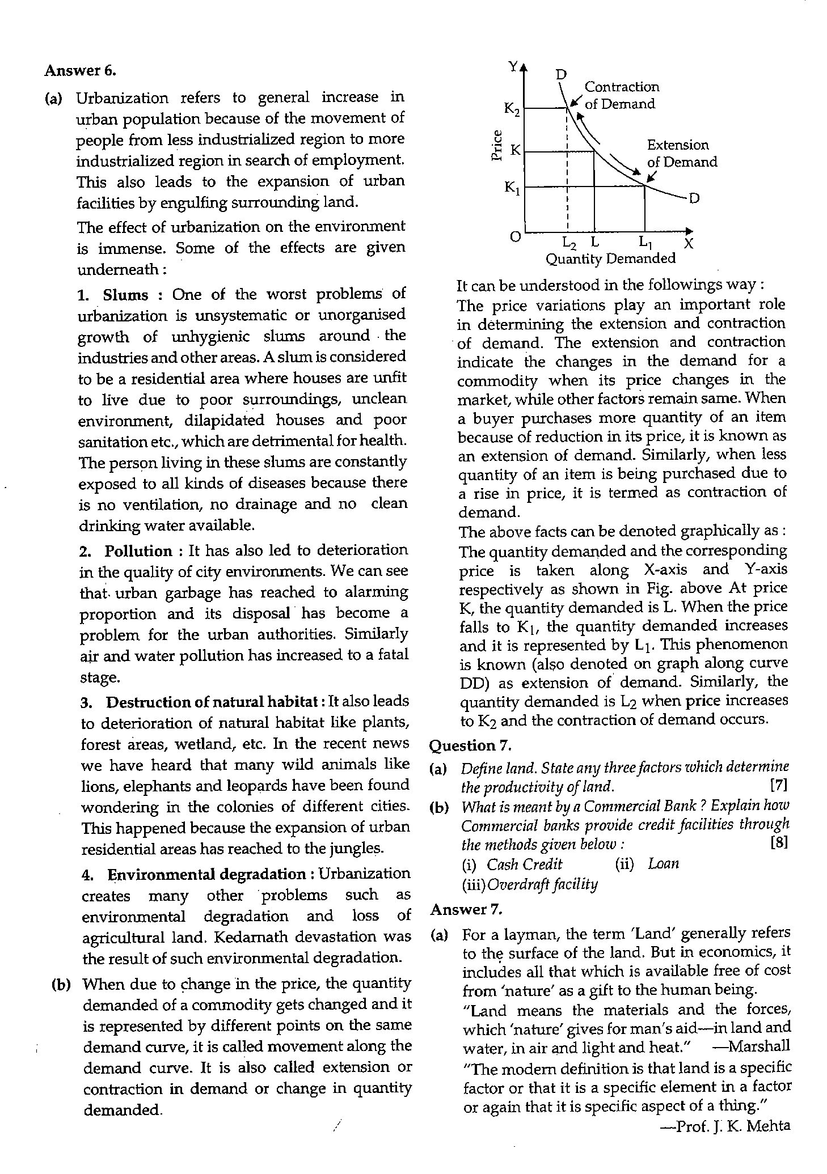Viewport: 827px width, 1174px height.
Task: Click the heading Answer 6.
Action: tap(80, 71)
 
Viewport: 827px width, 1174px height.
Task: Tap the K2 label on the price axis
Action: tap(512, 109)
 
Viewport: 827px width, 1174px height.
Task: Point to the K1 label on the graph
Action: tap(512, 187)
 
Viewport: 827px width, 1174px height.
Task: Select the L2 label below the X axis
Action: tap(569, 244)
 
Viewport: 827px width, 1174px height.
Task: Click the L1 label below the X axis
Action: tap(645, 242)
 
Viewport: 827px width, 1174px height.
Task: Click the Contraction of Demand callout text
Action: tap(621, 95)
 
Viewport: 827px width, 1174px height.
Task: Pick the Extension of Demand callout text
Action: tap(681, 154)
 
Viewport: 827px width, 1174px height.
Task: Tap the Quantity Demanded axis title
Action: tap(610, 259)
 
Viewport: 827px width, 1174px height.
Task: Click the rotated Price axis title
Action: tap(497, 146)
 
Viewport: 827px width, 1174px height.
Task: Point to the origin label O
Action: tap(514, 237)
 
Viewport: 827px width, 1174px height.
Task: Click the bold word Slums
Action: tap(125, 295)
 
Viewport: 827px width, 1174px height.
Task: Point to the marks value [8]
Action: tap(779, 843)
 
